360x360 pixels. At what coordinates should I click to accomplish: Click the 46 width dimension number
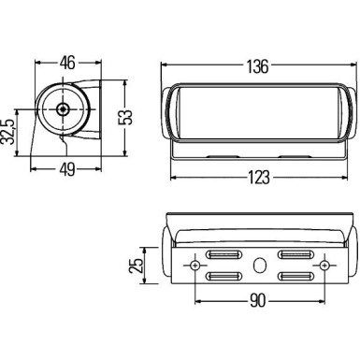(67, 63)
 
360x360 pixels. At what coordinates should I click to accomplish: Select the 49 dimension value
(67, 169)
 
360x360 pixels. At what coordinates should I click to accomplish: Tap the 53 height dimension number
(125, 118)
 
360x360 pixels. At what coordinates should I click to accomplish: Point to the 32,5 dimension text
(8, 132)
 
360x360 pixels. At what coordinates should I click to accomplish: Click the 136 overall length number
(257, 66)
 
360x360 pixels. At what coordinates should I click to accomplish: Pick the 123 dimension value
(259, 178)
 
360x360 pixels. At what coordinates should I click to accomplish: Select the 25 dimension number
(136, 266)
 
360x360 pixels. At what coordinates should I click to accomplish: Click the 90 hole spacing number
(258, 301)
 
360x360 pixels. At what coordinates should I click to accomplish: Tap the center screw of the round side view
(64, 109)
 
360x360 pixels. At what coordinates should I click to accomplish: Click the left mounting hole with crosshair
(195, 266)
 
